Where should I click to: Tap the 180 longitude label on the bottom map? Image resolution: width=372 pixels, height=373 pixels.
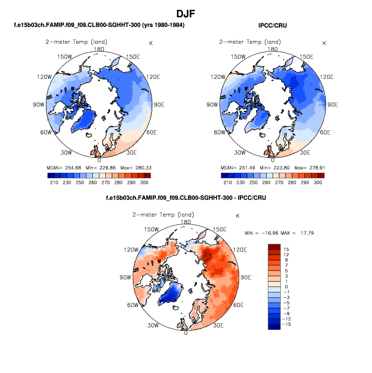click(x=186, y=222)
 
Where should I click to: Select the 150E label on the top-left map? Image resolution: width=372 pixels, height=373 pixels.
click(x=132, y=57)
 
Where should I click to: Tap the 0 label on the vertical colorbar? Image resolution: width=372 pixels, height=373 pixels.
click(x=287, y=287)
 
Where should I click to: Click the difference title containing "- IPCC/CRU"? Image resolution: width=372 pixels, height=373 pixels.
click(x=186, y=198)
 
